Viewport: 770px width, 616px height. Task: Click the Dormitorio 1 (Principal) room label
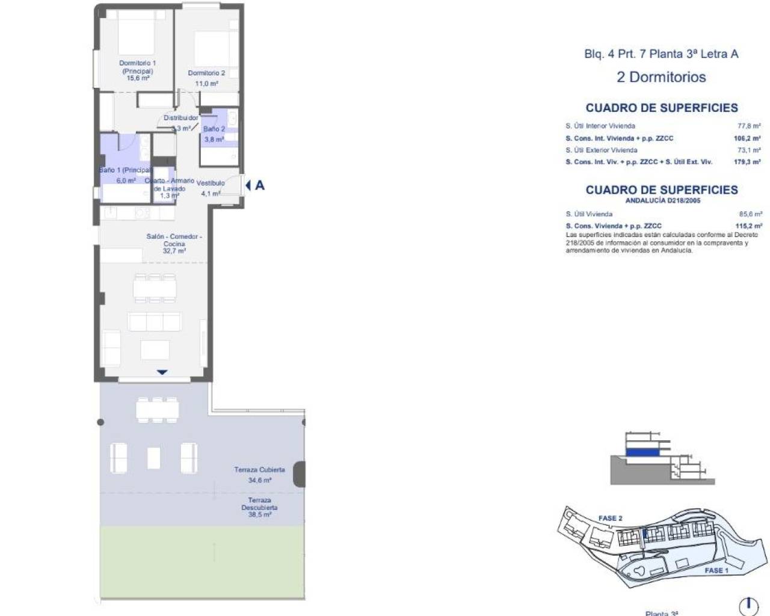(x=138, y=67)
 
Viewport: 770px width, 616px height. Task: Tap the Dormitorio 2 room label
(x=206, y=73)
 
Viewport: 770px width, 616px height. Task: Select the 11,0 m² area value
(x=206, y=84)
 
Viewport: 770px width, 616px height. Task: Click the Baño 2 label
(x=214, y=129)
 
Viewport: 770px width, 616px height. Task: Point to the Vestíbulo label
(x=211, y=183)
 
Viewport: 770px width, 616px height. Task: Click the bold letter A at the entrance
(x=260, y=185)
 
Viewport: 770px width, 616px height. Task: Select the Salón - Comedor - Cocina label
(x=174, y=240)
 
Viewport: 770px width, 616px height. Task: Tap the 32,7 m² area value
(x=174, y=251)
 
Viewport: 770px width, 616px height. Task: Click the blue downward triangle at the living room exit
(x=162, y=372)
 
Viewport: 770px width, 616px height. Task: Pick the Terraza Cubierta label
(x=259, y=470)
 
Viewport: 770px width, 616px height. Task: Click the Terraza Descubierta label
(x=259, y=504)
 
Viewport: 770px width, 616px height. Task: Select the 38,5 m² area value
(x=259, y=515)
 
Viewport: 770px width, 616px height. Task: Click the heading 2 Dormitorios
(x=661, y=77)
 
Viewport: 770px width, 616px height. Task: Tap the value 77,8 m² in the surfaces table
(x=750, y=126)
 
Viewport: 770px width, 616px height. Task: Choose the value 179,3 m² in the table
(x=748, y=162)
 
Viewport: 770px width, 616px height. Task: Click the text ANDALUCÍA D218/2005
(x=662, y=201)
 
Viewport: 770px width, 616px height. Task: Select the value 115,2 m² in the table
(x=749, y=226)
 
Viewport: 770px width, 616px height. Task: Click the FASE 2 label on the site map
(x=610, y=518)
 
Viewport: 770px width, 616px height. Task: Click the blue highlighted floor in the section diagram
(x=642, y=451)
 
